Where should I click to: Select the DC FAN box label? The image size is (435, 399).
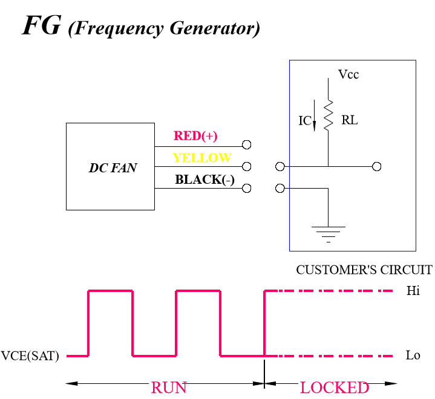point(113,168)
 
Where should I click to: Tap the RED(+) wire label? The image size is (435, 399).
point(195,136)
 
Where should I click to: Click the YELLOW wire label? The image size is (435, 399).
point(202,158)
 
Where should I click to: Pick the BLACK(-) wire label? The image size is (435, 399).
point(204,180)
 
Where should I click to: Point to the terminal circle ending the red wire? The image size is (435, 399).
point(246,144)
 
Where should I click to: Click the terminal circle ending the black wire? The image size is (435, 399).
point(246,188)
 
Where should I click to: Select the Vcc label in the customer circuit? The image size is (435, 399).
point(348,74)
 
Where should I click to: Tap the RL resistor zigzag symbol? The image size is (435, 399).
point(329,115)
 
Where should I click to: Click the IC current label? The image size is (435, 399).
point(304,121)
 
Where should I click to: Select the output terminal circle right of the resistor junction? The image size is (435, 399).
point(377,166)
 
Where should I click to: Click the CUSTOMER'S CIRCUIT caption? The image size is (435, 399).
point(364,270)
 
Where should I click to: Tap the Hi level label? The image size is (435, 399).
point(413,291)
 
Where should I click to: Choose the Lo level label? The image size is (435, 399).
point(413,355)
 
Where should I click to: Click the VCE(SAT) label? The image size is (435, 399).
point(30,356)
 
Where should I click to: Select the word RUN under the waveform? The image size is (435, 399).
point(169,388)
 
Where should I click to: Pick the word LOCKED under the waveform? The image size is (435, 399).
point(334,388)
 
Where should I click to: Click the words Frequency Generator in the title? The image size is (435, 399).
point(164,28)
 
